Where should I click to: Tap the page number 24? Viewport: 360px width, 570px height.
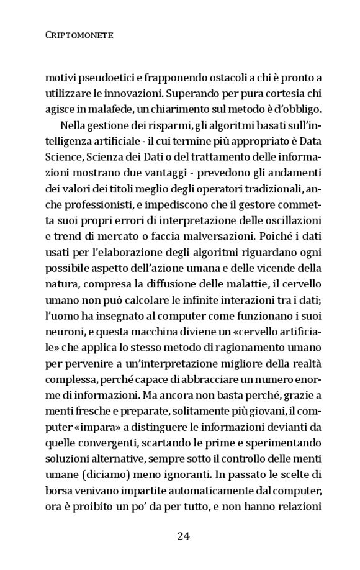point(182,536)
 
